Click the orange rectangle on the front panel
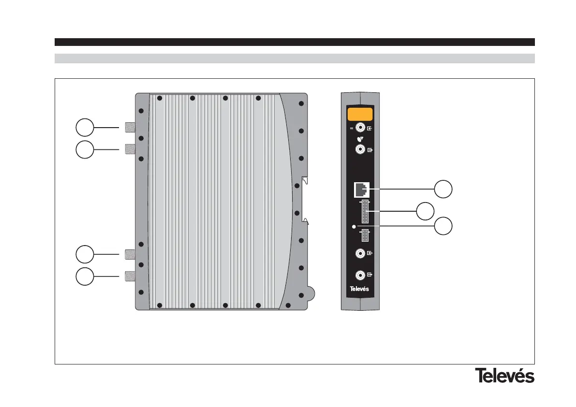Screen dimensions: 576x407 360,115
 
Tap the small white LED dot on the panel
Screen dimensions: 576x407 354,226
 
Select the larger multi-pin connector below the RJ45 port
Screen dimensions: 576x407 365,211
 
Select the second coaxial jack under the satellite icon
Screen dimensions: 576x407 360,150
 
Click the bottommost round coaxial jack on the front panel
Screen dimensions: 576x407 360,275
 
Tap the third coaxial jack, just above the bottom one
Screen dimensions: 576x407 360,253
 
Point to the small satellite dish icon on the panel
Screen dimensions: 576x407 360,139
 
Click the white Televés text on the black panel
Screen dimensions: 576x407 359,289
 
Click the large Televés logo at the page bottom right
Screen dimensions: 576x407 504,376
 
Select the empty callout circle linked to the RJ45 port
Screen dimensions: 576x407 443,189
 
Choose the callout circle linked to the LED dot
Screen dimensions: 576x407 443,226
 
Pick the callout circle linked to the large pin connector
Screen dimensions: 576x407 426,211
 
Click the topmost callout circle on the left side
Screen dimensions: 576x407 85,128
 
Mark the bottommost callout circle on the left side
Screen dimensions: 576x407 85,276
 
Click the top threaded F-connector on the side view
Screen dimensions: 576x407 130,128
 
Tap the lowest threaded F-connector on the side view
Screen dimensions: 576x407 130,276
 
